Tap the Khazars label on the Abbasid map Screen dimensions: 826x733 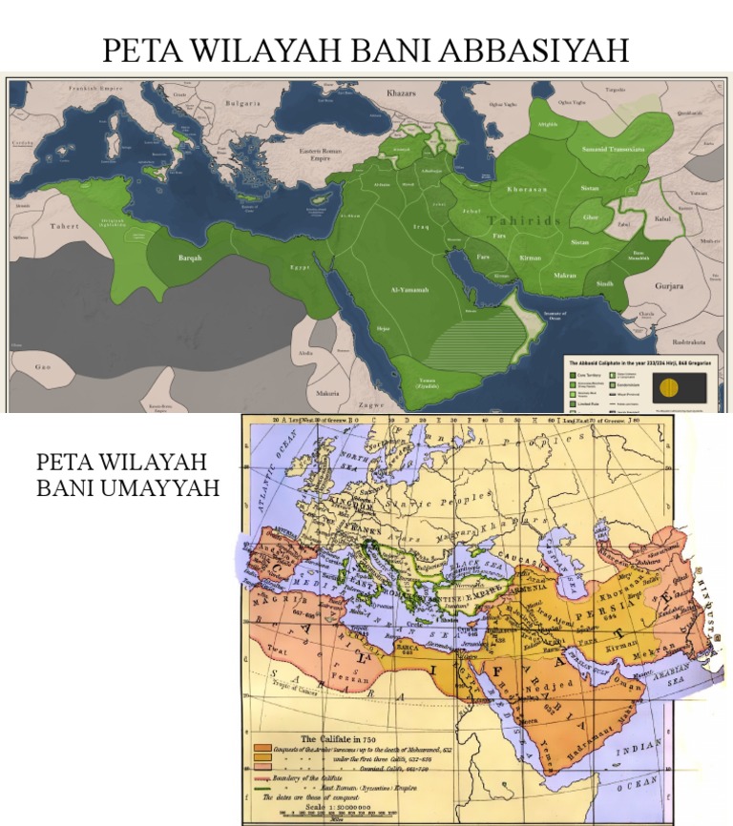[x=403, y=95]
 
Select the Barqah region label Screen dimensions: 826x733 [x=190, y=258]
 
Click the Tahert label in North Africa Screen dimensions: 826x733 [x=66, y=227]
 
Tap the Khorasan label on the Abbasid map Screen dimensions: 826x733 [x=528, y=189]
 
